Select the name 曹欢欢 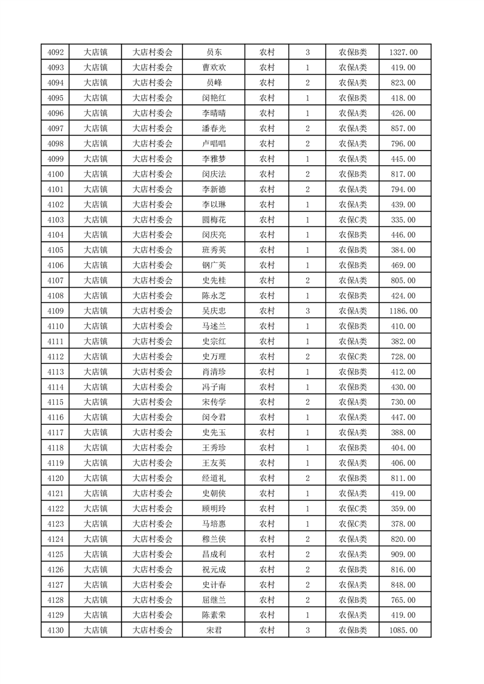tap(214, 68)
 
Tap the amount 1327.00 tap(403, 52)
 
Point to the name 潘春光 tap(214, 129)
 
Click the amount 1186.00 tap(403, 311)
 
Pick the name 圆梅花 tap(214, 219)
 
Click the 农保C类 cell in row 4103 tap(353, 219)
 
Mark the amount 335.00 tap(403, 219)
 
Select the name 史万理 tap(214, 357)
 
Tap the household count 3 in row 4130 tap(307, 630)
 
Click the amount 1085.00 tap(403, 630)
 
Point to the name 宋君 tap(214, 630)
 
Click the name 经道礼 tap(214, 479)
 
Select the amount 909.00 tap(403, 554)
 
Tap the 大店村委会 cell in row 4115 tap(153, 402)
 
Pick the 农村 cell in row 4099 tap(267, 159)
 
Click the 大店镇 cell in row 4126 tap(95, 569)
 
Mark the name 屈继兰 tap(214, 600)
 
